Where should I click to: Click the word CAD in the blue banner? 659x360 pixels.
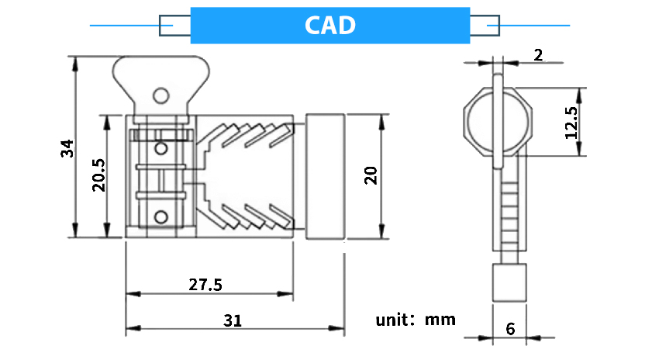click(329, 26)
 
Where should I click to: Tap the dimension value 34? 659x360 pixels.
click(67, 147)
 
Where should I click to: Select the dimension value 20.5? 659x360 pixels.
click(98, 176)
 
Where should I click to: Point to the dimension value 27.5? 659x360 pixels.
click(205, 285)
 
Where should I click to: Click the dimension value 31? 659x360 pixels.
click(233, 320)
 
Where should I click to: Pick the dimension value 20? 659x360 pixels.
click(370, 176)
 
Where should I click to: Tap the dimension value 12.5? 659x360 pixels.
click(572, 122)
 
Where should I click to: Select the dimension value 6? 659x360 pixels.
click(510, 328)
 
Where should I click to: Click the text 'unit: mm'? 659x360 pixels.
click(416, 319)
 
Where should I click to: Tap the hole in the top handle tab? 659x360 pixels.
click(160, 95)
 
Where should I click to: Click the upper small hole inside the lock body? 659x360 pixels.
click(161, 148)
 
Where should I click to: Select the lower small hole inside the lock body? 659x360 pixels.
click(161, 216)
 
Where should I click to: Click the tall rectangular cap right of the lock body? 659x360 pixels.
click(325, 176)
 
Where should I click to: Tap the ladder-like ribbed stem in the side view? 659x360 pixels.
click(509, 206)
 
